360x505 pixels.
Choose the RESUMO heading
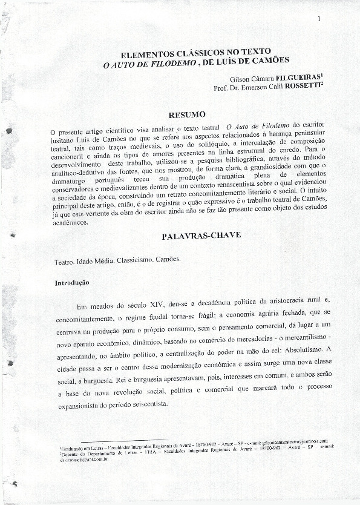pyautogui.click(x=188, y=114)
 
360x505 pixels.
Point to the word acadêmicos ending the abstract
pyautogui.click(x=68, y=223)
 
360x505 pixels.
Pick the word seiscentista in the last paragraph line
pyautogui.click(x=145, y=404)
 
